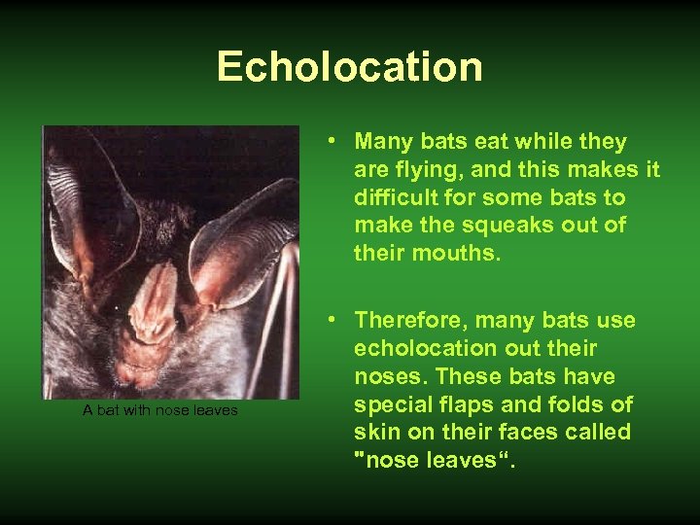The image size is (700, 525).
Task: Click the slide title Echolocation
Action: [x=349, y=67]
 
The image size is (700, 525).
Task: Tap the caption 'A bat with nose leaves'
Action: [x=160, y=410]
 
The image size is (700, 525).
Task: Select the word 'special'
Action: [x=392, y=403]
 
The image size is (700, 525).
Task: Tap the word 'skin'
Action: [x=374, y=432]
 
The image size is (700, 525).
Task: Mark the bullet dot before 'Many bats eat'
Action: [x=333, y=142]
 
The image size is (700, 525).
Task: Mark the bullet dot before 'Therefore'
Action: [x=333, y=320]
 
